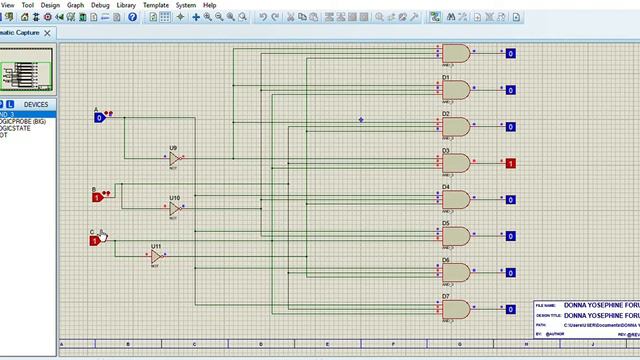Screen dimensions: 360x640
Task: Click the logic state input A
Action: click(100, 117)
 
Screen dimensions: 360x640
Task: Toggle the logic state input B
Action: click(98, 198)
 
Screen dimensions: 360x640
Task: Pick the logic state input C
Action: click(96, 240)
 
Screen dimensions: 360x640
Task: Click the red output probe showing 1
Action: click(510, 163)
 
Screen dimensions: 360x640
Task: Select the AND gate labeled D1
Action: click(457, 90)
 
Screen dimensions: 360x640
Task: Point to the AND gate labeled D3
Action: click(457, 163)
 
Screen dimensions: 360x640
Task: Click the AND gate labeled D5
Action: click(457, 236)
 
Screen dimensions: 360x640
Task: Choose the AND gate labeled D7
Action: click(457, 309)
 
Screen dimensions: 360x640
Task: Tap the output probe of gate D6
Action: click(510, 272)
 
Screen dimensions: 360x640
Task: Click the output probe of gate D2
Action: click(510, 127)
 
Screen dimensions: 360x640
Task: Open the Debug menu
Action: click(101, 5)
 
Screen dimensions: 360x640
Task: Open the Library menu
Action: click(126, 5)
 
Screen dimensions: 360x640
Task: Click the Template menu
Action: click(156, 5)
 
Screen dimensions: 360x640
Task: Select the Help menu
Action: click(209, 5)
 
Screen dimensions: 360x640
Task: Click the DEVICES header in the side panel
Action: click(36, 104)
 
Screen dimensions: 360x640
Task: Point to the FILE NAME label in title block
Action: click(545, 305)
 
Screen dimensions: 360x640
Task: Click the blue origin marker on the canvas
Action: click(362, 120)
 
